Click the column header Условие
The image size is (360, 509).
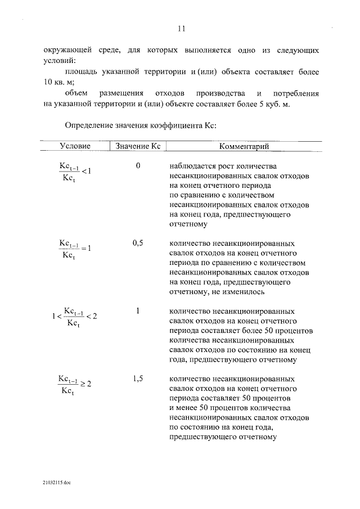pos(75,146)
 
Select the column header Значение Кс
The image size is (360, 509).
pos(138,146)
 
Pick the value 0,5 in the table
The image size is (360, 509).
pos(138,244)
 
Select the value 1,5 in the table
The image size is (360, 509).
pos(138,379)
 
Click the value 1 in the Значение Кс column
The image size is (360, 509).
pos(138,310)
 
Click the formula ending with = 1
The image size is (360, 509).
pos(75,248)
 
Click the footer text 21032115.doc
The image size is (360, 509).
pos(56,483)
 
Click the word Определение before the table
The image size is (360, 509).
pos(91,124)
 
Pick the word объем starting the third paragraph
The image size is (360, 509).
pos(76,93)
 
